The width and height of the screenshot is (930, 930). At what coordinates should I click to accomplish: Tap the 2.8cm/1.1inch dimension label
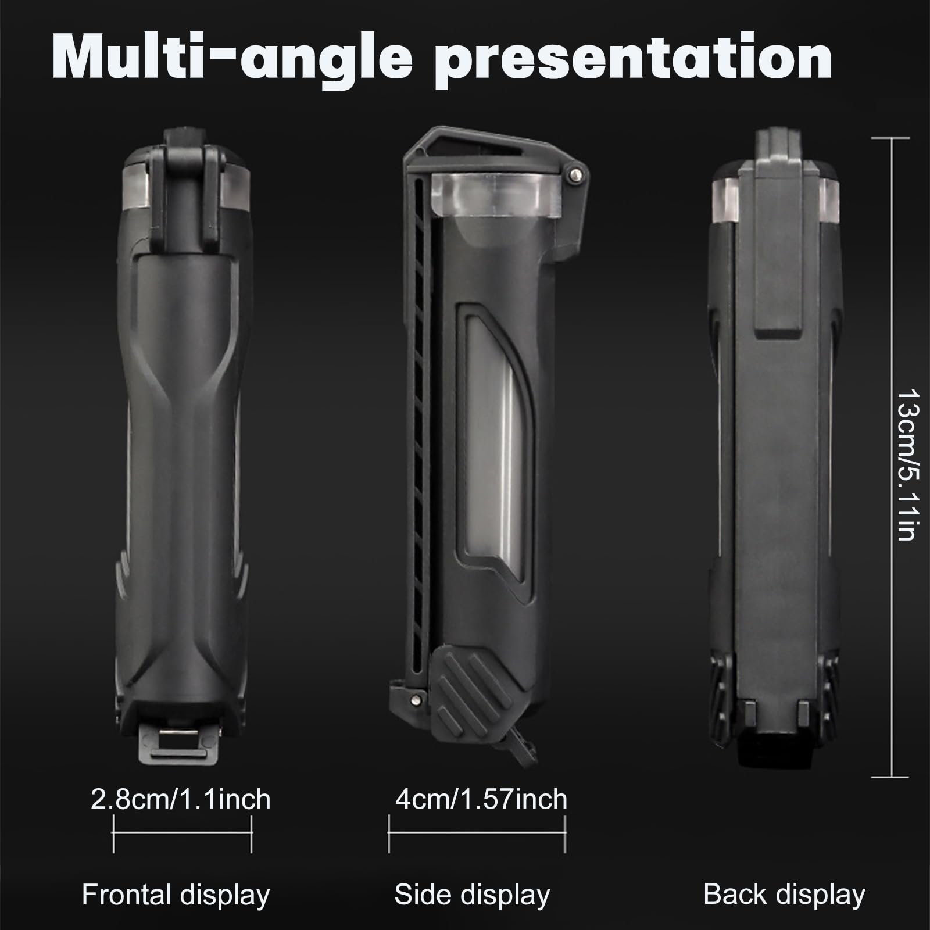181,800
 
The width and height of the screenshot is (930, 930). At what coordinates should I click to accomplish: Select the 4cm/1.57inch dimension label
481,799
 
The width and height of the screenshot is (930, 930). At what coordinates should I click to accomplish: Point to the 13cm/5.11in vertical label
907,465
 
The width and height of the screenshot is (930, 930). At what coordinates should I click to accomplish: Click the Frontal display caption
176,895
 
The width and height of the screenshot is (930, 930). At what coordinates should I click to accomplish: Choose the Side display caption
472,895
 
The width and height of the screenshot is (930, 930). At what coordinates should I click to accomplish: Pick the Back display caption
784,895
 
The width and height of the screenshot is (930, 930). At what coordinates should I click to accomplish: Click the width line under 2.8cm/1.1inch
183,834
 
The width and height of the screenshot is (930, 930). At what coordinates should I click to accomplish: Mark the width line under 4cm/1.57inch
477,834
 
